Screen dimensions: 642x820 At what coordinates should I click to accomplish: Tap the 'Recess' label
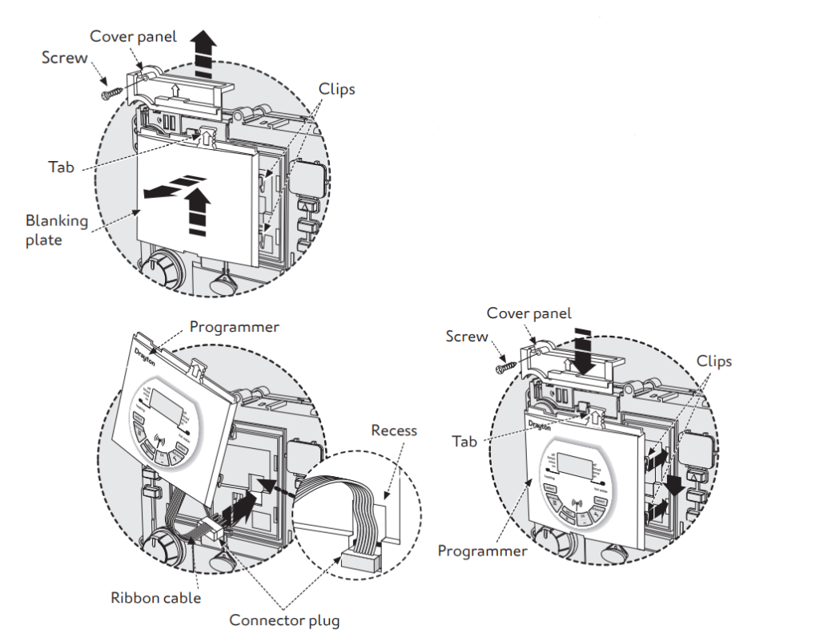(x=393, y=430)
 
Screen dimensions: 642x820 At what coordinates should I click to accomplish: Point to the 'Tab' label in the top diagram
(x=62, y=166)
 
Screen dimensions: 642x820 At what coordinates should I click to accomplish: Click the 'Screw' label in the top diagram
(x=65, y=58)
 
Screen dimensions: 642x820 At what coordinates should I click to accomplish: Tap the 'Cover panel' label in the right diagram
(x=529, y=313)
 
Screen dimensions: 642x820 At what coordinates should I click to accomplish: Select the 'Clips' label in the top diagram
(x=336, y=88)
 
